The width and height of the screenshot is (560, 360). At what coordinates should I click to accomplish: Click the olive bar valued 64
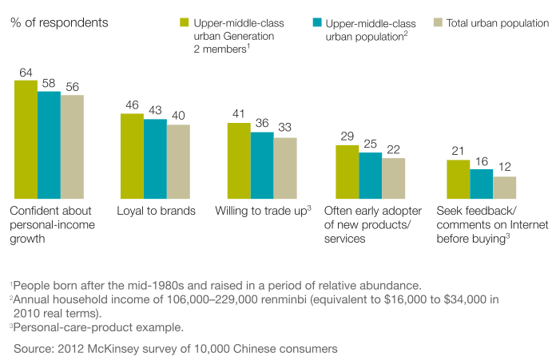click(x=26, y=139)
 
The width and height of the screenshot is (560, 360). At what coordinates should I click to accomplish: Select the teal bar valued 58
click(x=49, y=144)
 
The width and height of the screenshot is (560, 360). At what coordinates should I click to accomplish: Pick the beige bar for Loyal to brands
click(x=178, y=161)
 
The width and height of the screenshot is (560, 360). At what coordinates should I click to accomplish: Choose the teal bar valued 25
click(x=370, y=175)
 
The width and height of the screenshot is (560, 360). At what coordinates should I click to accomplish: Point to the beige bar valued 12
click(x=504, y=187)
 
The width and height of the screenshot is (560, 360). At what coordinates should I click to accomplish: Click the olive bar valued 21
click(x=458, y=179)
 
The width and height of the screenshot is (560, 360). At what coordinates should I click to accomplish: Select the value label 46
click(x=132, y=105)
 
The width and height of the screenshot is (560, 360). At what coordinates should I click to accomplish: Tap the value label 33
click(x=285, y=129)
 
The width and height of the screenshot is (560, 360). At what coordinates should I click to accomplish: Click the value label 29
click(x=347, y=136)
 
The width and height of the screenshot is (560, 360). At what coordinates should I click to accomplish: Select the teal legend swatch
click(x=316, y=23)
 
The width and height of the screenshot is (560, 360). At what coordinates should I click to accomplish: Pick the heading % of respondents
click(x=59, y=22)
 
